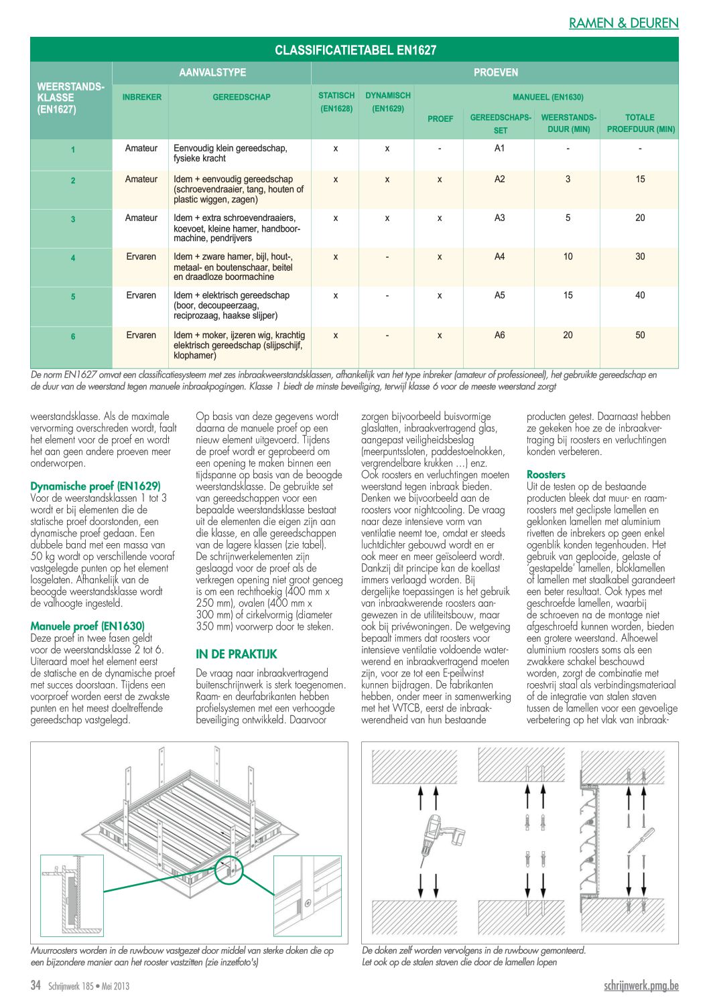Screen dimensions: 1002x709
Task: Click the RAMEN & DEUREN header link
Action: point(623,23)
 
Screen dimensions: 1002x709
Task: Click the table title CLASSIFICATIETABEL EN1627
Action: point(355,50)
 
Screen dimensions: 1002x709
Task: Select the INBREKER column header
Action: point(141,97)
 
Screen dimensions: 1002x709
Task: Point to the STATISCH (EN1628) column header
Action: point(336,102)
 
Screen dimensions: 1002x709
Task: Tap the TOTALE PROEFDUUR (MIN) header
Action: point(640,123)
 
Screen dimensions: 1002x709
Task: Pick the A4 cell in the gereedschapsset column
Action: point(499,257)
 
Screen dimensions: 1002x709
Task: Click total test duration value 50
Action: point(640,335)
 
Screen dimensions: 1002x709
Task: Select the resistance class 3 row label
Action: point(73,219)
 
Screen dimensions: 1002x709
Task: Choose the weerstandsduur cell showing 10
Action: point(568,257)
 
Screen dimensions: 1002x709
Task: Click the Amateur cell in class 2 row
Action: point(141,179)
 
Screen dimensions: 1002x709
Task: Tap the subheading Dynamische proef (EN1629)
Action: point(95,486)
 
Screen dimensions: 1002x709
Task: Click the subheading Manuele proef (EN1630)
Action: point(87,626)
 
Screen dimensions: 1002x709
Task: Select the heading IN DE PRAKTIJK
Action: point(236,654)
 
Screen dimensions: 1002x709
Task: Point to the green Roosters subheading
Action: point(545,475)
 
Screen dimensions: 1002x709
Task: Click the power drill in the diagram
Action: point(439,835)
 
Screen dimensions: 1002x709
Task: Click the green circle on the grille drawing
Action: point(229,870)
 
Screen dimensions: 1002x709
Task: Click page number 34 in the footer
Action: point(36,985)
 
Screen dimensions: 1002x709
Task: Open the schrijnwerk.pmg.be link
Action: point(641,985)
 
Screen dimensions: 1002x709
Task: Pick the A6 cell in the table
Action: point(499,335)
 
